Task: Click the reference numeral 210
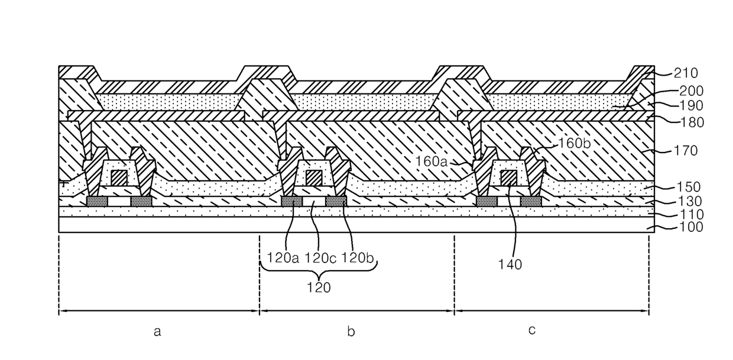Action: tap(686, 73)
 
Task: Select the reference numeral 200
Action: tap(692, 91)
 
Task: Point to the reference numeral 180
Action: tap(692, 122)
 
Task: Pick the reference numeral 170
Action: tap(686, 151)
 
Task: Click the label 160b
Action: tap(575, 143)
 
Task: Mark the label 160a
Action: tap(432, 161)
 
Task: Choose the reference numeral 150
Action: tap(689, 187)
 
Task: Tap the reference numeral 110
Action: tap(692, 215)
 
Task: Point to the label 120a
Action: tap(283, 258)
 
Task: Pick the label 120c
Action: tap(320, 258)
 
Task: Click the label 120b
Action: tap(357, 258)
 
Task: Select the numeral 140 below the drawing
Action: tap(510, 264)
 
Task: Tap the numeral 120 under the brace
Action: tap(319, 288)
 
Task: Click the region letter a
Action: tap(157, 332)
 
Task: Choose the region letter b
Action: tap(351, 332)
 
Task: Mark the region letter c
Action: tap(532, 330)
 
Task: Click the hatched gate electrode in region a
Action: tap(119, 178)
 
